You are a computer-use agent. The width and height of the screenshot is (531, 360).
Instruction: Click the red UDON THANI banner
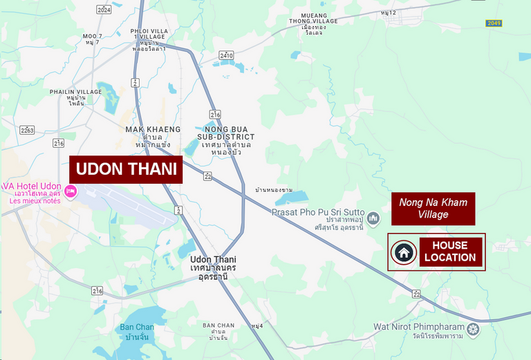126,169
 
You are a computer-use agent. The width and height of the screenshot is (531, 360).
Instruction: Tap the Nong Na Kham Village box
434,209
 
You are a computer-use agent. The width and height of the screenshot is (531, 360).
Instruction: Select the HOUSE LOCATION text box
450,252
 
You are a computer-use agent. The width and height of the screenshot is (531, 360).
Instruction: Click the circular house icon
403,252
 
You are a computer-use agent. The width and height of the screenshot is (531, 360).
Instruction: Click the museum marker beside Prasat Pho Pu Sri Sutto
374,219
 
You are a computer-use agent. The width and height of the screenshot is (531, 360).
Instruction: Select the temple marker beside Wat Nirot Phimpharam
473,328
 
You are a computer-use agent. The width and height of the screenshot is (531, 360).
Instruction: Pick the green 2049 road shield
493,23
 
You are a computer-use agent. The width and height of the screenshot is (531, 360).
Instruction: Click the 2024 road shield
104,10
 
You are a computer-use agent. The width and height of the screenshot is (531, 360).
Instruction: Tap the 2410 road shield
226,55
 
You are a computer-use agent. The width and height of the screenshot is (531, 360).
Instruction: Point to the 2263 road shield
28,130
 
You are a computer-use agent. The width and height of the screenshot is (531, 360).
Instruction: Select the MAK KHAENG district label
153,129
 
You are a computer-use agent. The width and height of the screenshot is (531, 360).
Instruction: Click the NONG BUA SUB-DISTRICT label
225,133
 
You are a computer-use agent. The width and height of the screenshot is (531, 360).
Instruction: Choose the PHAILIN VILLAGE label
75,92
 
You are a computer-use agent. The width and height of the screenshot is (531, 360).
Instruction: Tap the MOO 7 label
92,35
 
